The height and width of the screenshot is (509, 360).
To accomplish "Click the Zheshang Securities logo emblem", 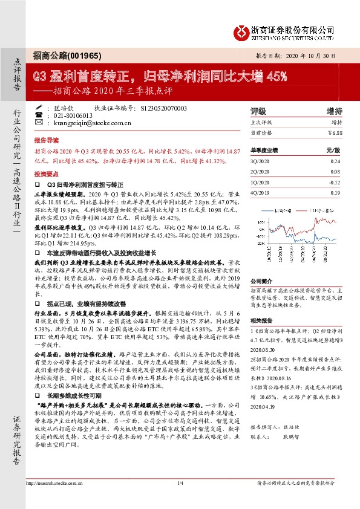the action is [240, 31].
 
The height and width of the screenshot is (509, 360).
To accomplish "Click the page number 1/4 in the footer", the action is [180, 499].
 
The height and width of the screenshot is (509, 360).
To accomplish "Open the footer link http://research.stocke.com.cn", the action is [68, 499].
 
